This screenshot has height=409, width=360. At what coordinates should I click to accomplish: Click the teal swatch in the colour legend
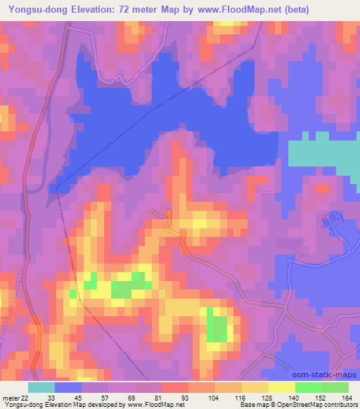click(41, 387)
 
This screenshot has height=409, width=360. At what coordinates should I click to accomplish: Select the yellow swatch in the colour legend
click(281, 387)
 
